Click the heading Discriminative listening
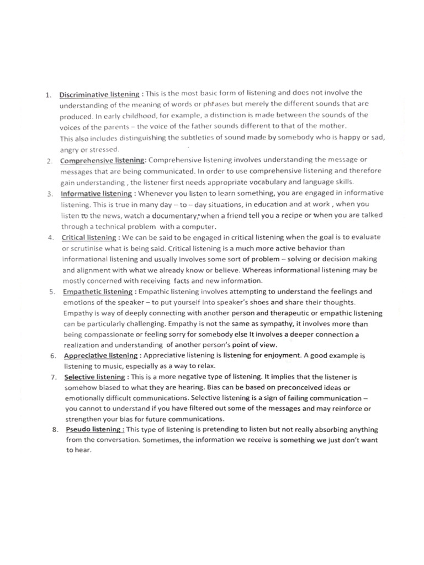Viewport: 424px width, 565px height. pyautogui.click(x=99, y=94)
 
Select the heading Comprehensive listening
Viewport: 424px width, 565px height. pyautogui.click(x=102, y=161)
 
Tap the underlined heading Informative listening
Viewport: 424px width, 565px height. pyautogui.click(x=96, y=194)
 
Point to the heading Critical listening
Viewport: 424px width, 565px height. pyautogui.click(x=88, y=237)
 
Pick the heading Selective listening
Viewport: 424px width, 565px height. pyautogui.click(x=94, y=377)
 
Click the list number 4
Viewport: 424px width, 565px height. pyautogui.click(x=50, y=237)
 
